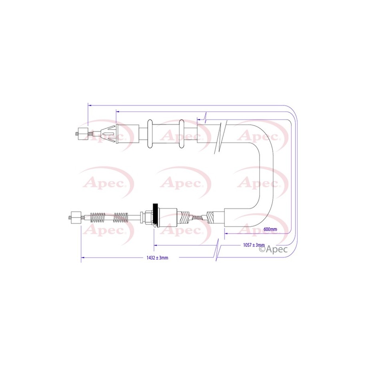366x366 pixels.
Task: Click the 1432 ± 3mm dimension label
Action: [x=157, y=258]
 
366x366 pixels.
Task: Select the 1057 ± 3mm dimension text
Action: [x=254, y=245]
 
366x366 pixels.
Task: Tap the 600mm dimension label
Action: [x=270, y=229]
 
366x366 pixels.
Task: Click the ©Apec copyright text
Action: [x=273, y=249]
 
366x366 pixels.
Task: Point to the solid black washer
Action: [x=154, y=215]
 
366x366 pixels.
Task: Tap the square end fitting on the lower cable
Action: [x=76, y=218]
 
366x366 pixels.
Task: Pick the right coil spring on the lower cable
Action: [x=120, y=217]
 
